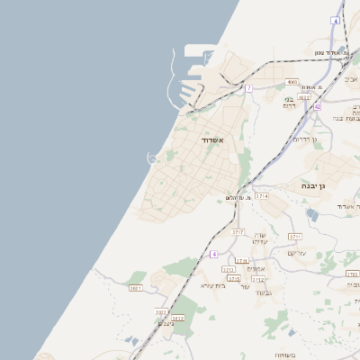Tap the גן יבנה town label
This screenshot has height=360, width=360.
click(313, 184)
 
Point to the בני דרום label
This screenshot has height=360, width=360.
click(290, 103)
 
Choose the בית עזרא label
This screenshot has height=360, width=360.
click(211, 284)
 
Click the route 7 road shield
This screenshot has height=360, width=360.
click(248, 87)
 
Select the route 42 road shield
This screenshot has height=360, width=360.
click(317, 106)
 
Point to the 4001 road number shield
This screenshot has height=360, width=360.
click(292, 81)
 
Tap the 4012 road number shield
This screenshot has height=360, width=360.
click(304, 96)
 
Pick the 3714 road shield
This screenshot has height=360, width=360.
click(262, 195)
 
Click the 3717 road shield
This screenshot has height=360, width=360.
click(238, 231)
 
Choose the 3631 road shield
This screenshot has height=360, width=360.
click(136, 288)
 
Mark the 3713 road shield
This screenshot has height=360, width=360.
click(228, 268)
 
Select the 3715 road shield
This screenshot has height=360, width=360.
click(234, 278)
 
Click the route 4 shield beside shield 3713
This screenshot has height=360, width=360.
click(214, 255)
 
